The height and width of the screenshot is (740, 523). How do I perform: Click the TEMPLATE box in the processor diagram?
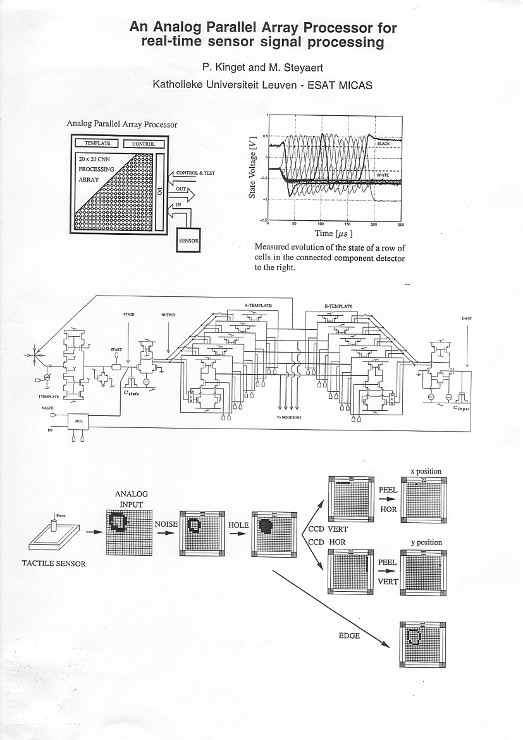point(97,144)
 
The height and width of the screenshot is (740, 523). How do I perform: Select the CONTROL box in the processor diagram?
point(144,144)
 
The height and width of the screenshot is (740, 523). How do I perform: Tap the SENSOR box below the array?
point(188,241)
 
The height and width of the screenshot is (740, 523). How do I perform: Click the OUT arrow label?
point(181,189)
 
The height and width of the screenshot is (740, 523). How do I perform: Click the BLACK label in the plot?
point(383,144)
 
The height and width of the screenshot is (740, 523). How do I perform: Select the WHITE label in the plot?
point(383,175)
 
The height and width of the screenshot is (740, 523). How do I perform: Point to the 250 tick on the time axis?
point(401,224)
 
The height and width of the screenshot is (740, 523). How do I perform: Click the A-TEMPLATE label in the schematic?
point(257,306)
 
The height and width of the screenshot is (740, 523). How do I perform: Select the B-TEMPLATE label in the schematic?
point(338,306)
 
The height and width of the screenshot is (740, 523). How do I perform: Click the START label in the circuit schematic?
point(116,349)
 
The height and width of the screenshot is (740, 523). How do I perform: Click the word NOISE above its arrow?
point(166,524)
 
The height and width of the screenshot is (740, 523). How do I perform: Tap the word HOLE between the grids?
point(239,525)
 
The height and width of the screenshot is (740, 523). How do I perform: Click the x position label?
point(426,472)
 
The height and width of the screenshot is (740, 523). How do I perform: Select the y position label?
point(426,542)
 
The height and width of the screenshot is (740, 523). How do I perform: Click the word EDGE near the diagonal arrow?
point(349,635)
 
